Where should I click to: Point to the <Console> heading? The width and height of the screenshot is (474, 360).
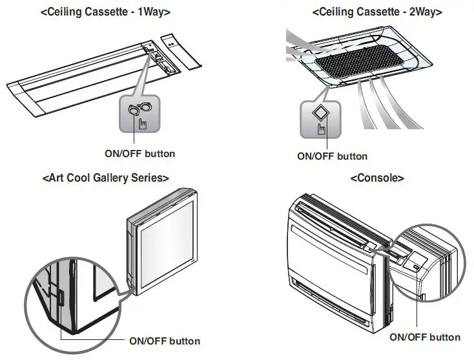377,178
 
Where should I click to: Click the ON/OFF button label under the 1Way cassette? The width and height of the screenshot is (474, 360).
139,154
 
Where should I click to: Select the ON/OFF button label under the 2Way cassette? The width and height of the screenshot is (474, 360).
332,156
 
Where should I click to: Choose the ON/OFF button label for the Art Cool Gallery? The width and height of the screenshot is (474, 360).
165,341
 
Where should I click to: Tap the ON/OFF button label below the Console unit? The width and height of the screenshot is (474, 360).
425,337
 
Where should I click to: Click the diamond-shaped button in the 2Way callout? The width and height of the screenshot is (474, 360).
320,112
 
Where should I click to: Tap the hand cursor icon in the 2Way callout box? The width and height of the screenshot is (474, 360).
321,128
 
